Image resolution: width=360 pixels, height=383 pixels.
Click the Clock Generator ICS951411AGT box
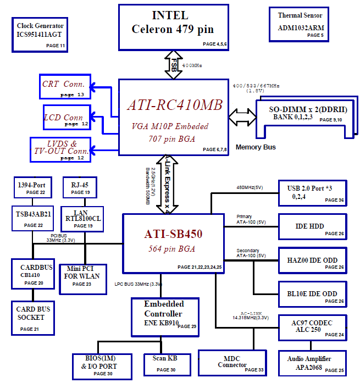click(x=40, y=35)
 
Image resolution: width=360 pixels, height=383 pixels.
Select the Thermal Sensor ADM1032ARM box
click(x=299, y=24)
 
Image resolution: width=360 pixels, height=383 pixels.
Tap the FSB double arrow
click(x=174, y=65)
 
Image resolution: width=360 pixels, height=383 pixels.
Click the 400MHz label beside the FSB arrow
click(x=192, y=65)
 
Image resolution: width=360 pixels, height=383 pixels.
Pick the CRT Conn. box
click(x=65, y=87)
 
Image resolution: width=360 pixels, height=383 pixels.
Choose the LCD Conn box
click(x=67, y=118)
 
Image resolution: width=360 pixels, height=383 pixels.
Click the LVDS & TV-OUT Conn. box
click(x=60, y=149)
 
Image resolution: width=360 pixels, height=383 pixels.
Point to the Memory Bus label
click(x=256, y=147)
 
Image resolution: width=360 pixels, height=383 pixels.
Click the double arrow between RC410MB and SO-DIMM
click(x=242, y=118)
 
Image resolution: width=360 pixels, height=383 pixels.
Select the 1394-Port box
click(x=33, y=187)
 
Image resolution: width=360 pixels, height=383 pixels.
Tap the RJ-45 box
click(x=80, y=187)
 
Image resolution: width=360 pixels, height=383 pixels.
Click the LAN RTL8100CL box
click(x=82, y=219)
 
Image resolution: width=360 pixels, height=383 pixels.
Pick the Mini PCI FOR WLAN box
click(x=83, y=280)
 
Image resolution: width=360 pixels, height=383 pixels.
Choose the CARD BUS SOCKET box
click(x=33, y=318)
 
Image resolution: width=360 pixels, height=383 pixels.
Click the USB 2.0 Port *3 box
click(x=313, y=193)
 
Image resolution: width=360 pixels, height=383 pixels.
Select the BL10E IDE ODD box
click(x=313, y=295)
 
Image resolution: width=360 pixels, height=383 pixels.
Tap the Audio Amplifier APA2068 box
click(x=313, y=363)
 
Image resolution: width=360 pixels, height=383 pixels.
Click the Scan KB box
click(x=168, y=365)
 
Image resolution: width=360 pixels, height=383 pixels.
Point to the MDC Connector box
click(x=232, y=363)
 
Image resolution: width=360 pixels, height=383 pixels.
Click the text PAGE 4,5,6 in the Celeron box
click(x=215, y=44)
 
